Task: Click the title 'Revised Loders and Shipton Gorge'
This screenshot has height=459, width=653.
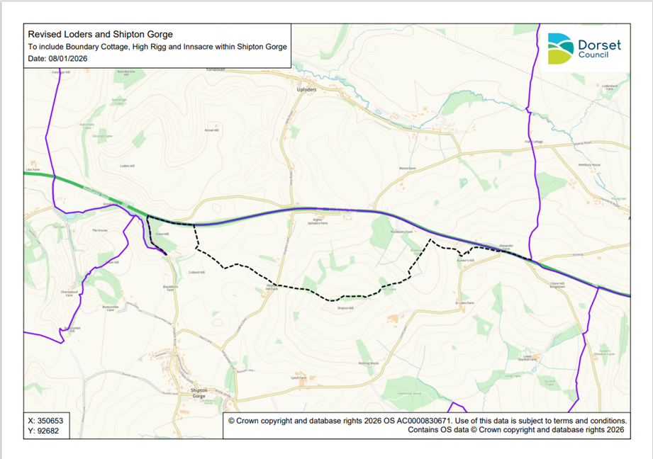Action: click(x=100, y=33)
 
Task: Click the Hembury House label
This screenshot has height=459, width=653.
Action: click(x=588, y=164)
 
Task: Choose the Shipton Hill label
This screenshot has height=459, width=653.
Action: click(x=345, y=308)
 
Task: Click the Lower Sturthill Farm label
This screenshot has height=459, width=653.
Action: click(x=527, y=358)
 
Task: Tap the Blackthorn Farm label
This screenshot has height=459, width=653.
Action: click(x=171, y=288)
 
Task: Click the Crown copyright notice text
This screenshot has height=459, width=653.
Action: click(x=425, y=425)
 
